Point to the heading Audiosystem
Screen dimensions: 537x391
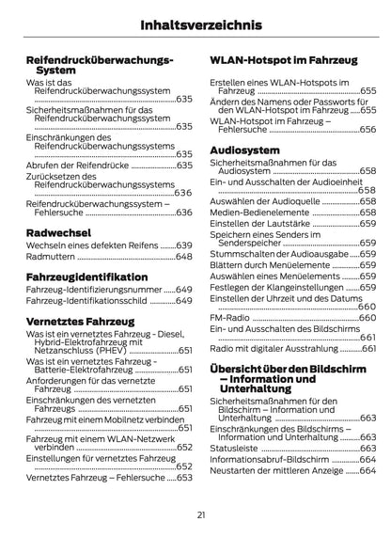pyautogui.click(x=244, y=150)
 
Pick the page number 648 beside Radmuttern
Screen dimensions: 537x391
pyautogui.click(x=183, y=256)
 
